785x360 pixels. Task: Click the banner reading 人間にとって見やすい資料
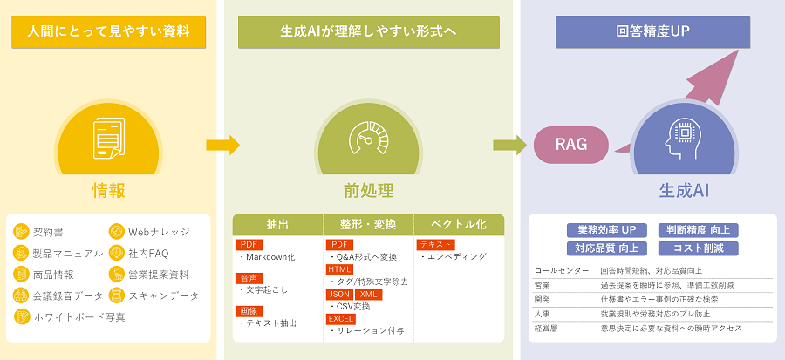point(108,32)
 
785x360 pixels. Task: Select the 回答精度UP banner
point(652,32)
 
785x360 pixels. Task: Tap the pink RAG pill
point(571,144)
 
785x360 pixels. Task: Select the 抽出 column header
point(277,224)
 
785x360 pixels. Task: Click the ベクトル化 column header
point(459,224)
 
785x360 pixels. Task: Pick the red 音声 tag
point(249,278)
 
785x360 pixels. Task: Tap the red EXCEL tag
point(341,319)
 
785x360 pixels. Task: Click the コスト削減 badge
point(698,248)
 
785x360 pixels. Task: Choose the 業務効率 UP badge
point(606,230)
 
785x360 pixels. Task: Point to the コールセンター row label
point(556,271)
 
